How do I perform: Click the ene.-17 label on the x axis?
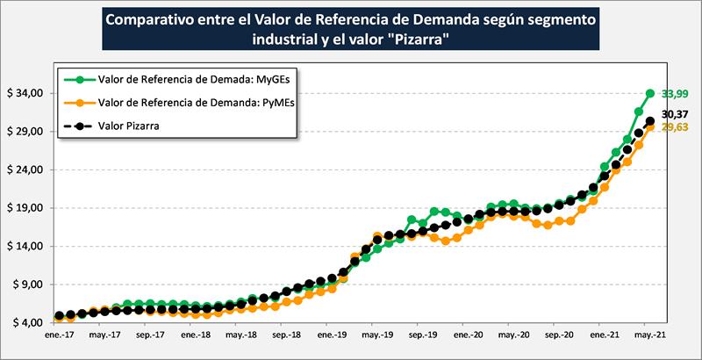coord(59,335)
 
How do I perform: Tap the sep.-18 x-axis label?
coord(286,335)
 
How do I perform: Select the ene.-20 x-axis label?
coord(468,335)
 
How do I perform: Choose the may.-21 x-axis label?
coord(648,335)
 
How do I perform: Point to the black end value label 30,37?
coord(675,114)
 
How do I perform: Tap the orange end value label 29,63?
coord(675,127)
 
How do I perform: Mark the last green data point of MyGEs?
coord(650,93)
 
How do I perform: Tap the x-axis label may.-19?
coord(377,335)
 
